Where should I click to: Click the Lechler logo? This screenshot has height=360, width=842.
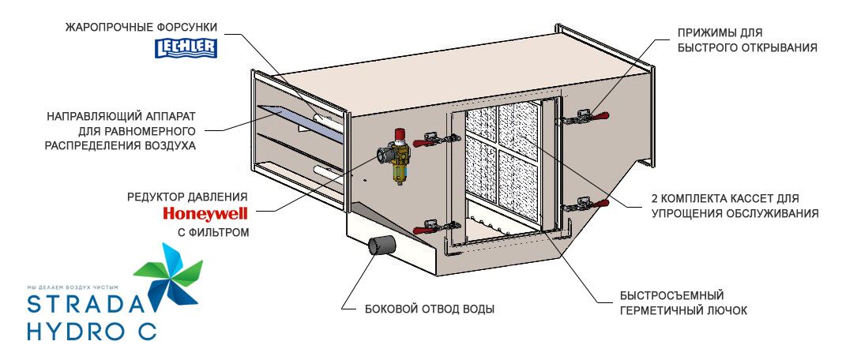click(186, 49)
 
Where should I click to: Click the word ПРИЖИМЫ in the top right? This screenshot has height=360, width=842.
click(702, 34)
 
